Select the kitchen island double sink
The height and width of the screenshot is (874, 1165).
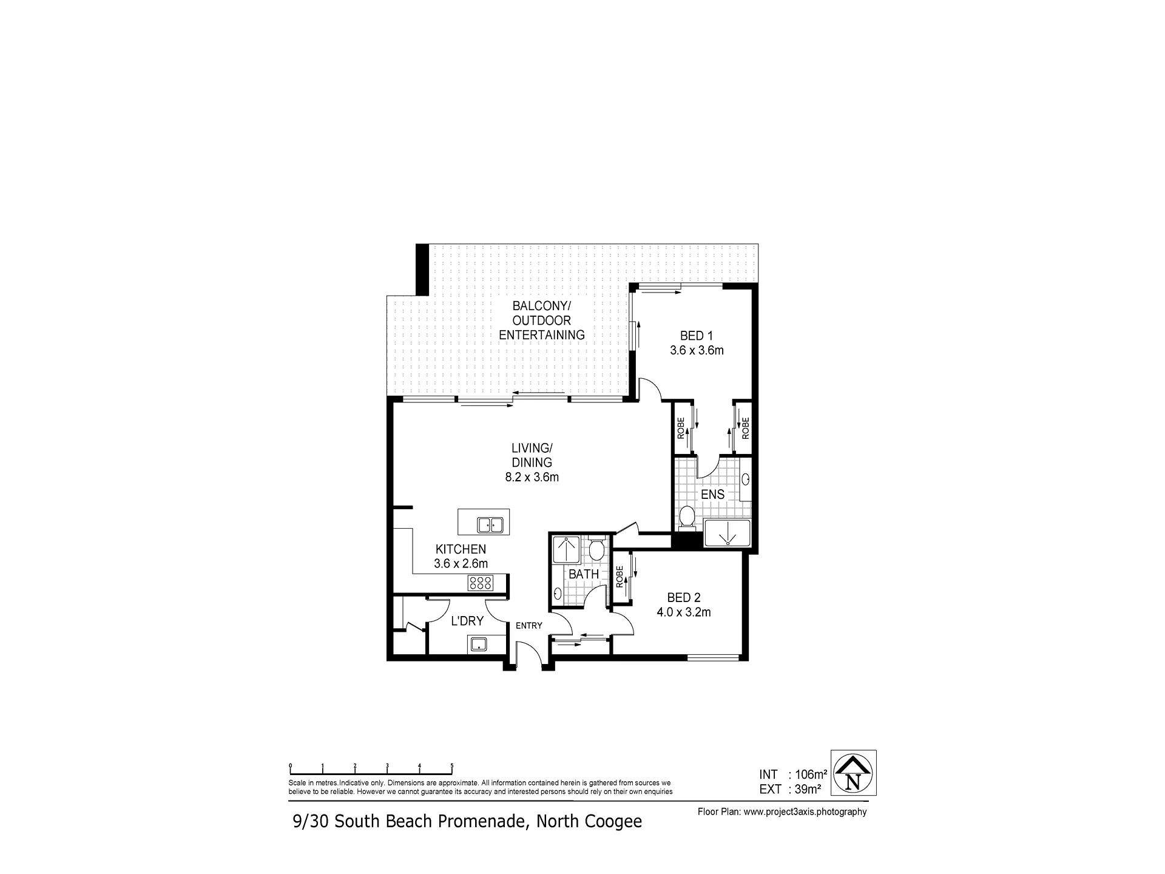[x=490, y=524]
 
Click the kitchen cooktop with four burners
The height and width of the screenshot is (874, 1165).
[x=480, y=583]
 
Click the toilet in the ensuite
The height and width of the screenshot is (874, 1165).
[x=687, y=517]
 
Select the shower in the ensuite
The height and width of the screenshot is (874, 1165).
[x=727, y=533]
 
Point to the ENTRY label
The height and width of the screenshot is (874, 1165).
[x=528, y=626]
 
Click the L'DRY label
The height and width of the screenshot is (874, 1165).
[x=467, y=621]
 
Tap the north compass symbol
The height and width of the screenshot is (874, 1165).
[x=853, y=773]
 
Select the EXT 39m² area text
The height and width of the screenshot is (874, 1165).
[x=790, y=790]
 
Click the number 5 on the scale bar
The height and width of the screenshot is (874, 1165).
[x=451, y=766]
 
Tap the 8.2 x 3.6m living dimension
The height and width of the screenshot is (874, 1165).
[x=532, y=477]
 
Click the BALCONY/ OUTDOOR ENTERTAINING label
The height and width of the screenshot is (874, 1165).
[x=542, y=320]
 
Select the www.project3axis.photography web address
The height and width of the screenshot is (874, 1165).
[x=805, y=812]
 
